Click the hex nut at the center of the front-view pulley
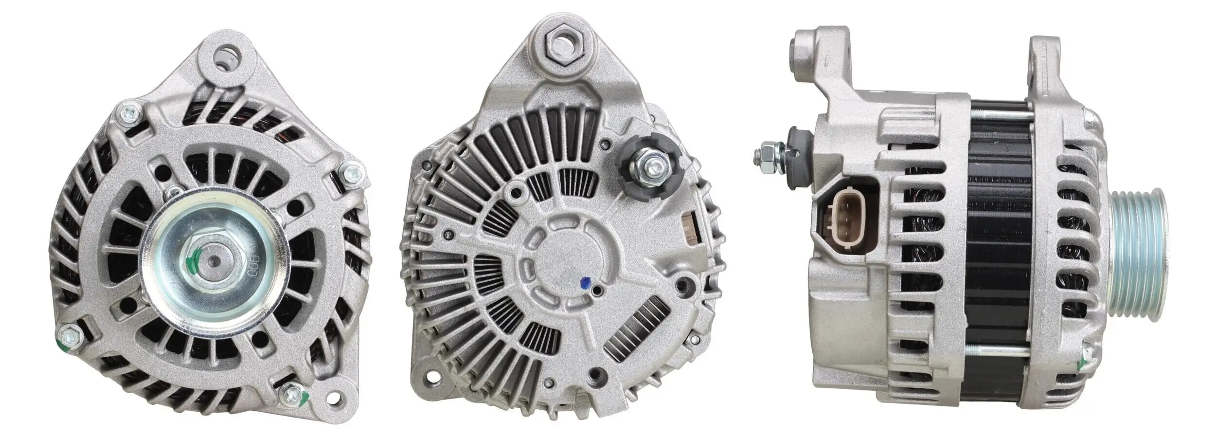[213, 262]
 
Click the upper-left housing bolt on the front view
[129, 111]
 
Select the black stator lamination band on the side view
[997, 243]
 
